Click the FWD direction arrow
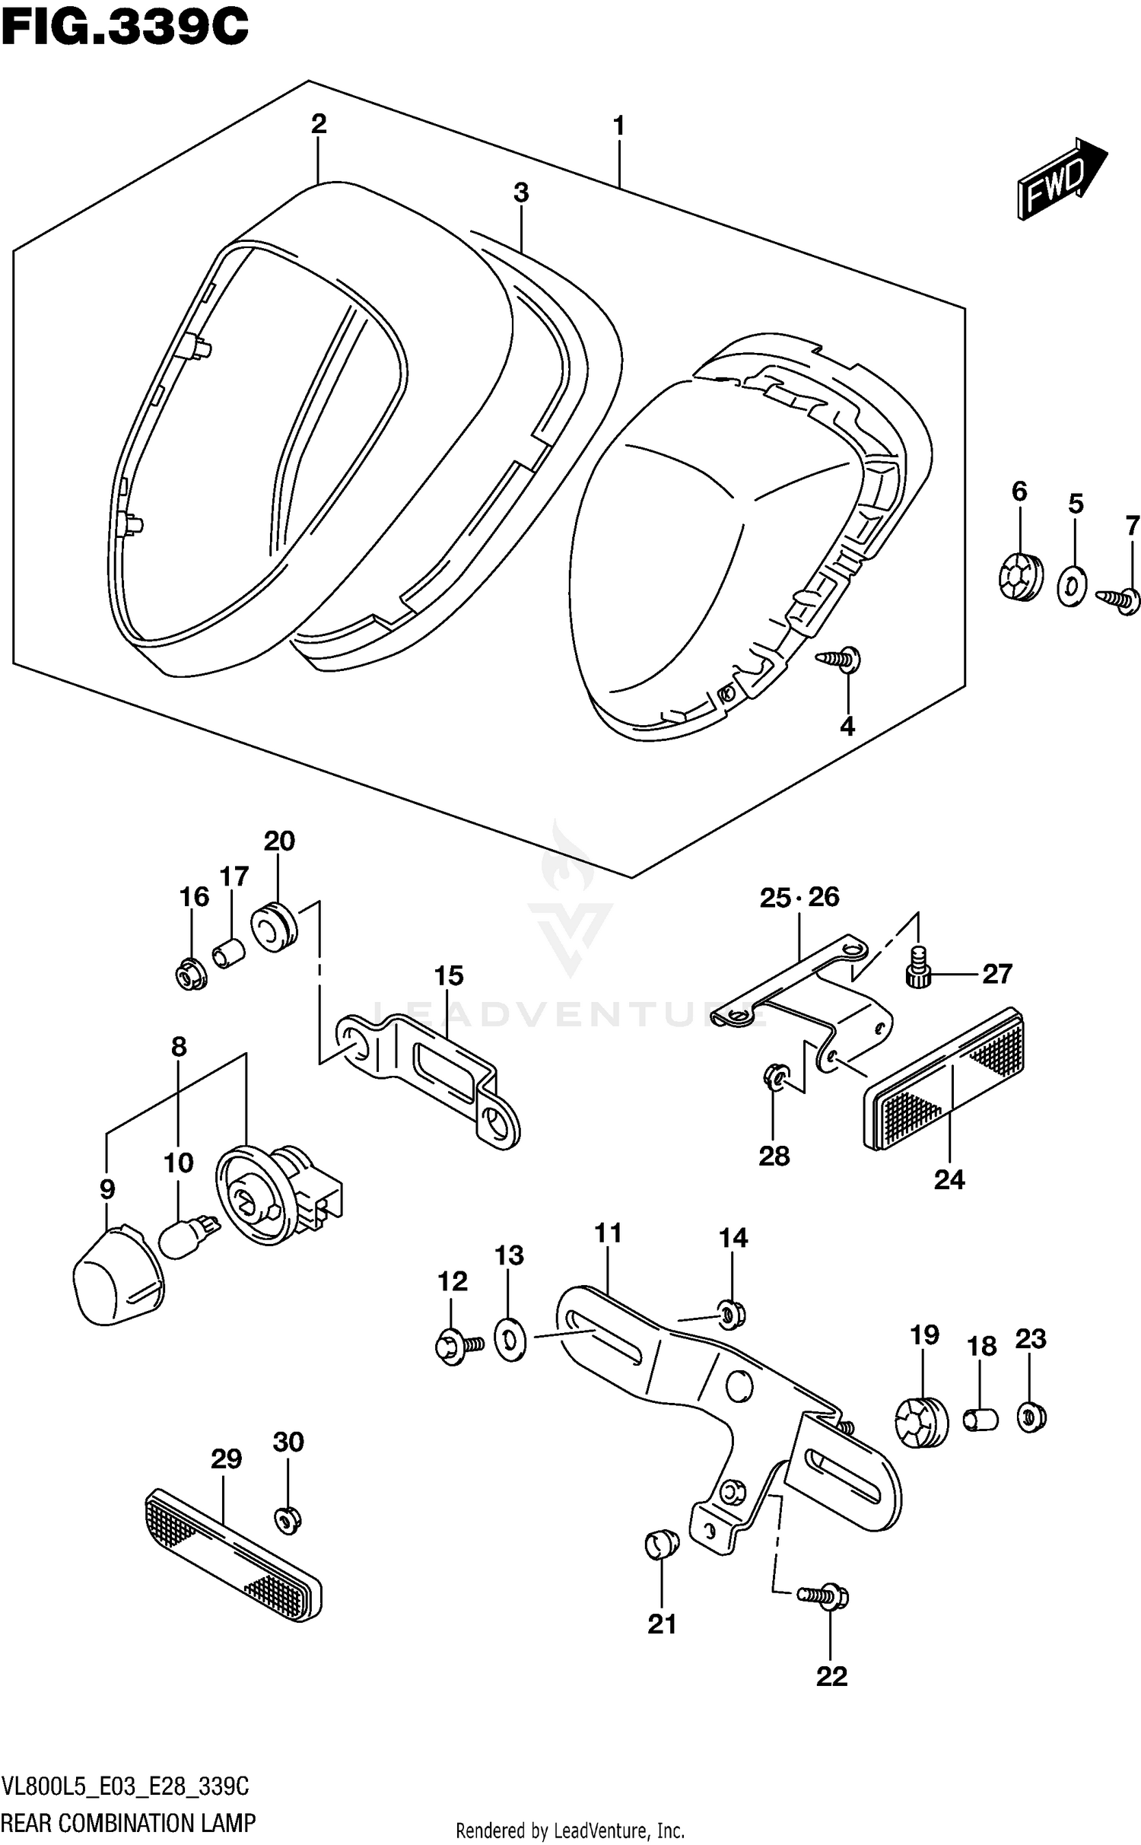[1060, 180]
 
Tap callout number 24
[949, 1179]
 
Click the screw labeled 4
[840, 657]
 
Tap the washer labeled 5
[1072, 585]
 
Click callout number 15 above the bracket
[449, 975]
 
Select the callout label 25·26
[799, 898]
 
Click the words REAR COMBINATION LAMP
[129, 1823]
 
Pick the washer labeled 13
[510, 1341]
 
